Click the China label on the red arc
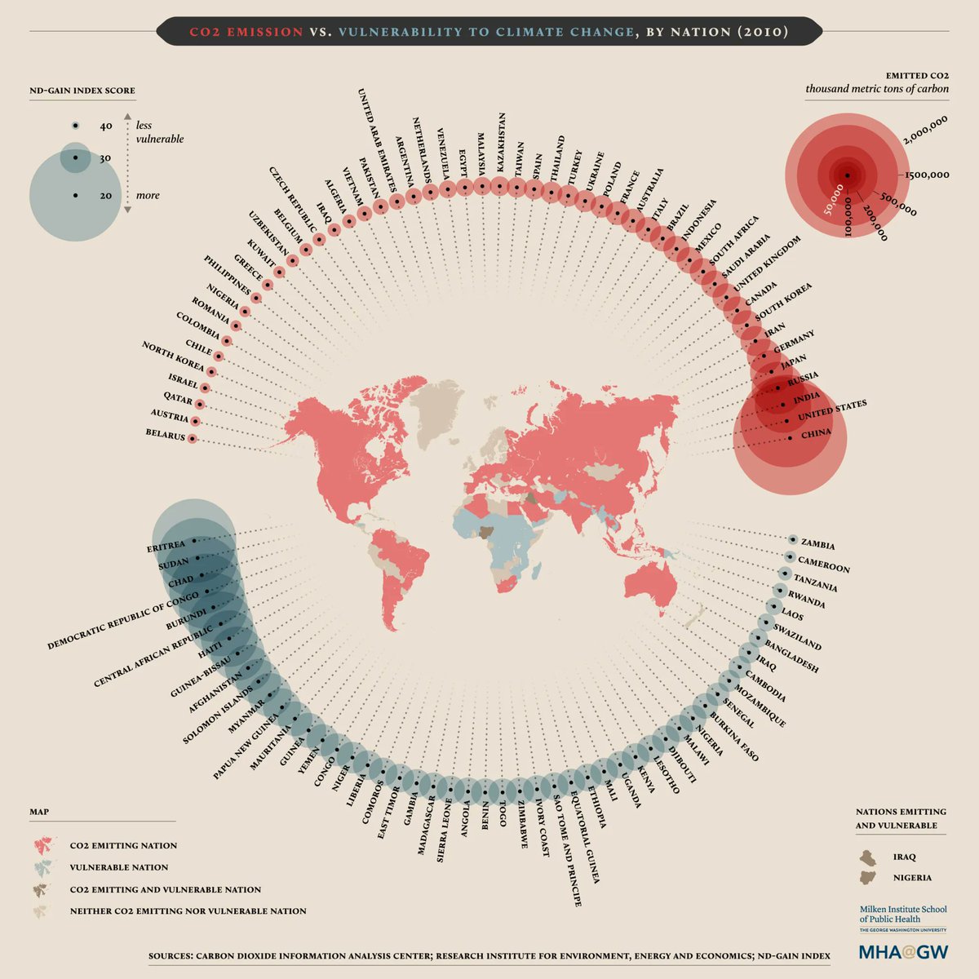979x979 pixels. (x=816, y=434)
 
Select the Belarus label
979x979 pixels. (x=166, y=436)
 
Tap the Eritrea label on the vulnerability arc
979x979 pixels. (x=166, y=547)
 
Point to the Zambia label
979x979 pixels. (x=817, y=543)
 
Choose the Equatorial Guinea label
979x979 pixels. (x=585, y=838)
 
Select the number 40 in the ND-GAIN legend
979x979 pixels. (x=106, y=126)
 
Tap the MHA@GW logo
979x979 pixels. (x=903, y=951)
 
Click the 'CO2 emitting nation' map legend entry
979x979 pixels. (x=123, y=845)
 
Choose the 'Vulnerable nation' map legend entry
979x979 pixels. (x=119, y=867)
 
